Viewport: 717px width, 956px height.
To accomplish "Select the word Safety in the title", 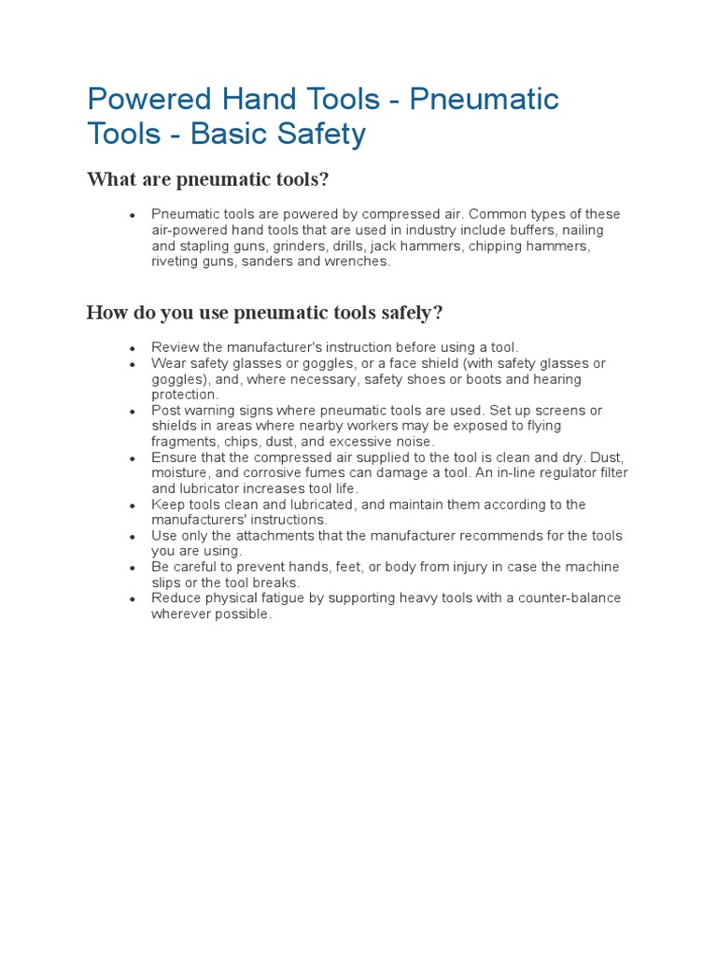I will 320,134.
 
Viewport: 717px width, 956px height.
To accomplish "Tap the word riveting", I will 175,261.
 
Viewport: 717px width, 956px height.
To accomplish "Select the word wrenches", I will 356,261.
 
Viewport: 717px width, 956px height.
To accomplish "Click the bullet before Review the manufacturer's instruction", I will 133,347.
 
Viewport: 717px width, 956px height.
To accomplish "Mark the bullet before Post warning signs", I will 133,411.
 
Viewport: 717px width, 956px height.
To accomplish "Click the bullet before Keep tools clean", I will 133,505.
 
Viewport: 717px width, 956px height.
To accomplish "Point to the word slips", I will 166,583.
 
